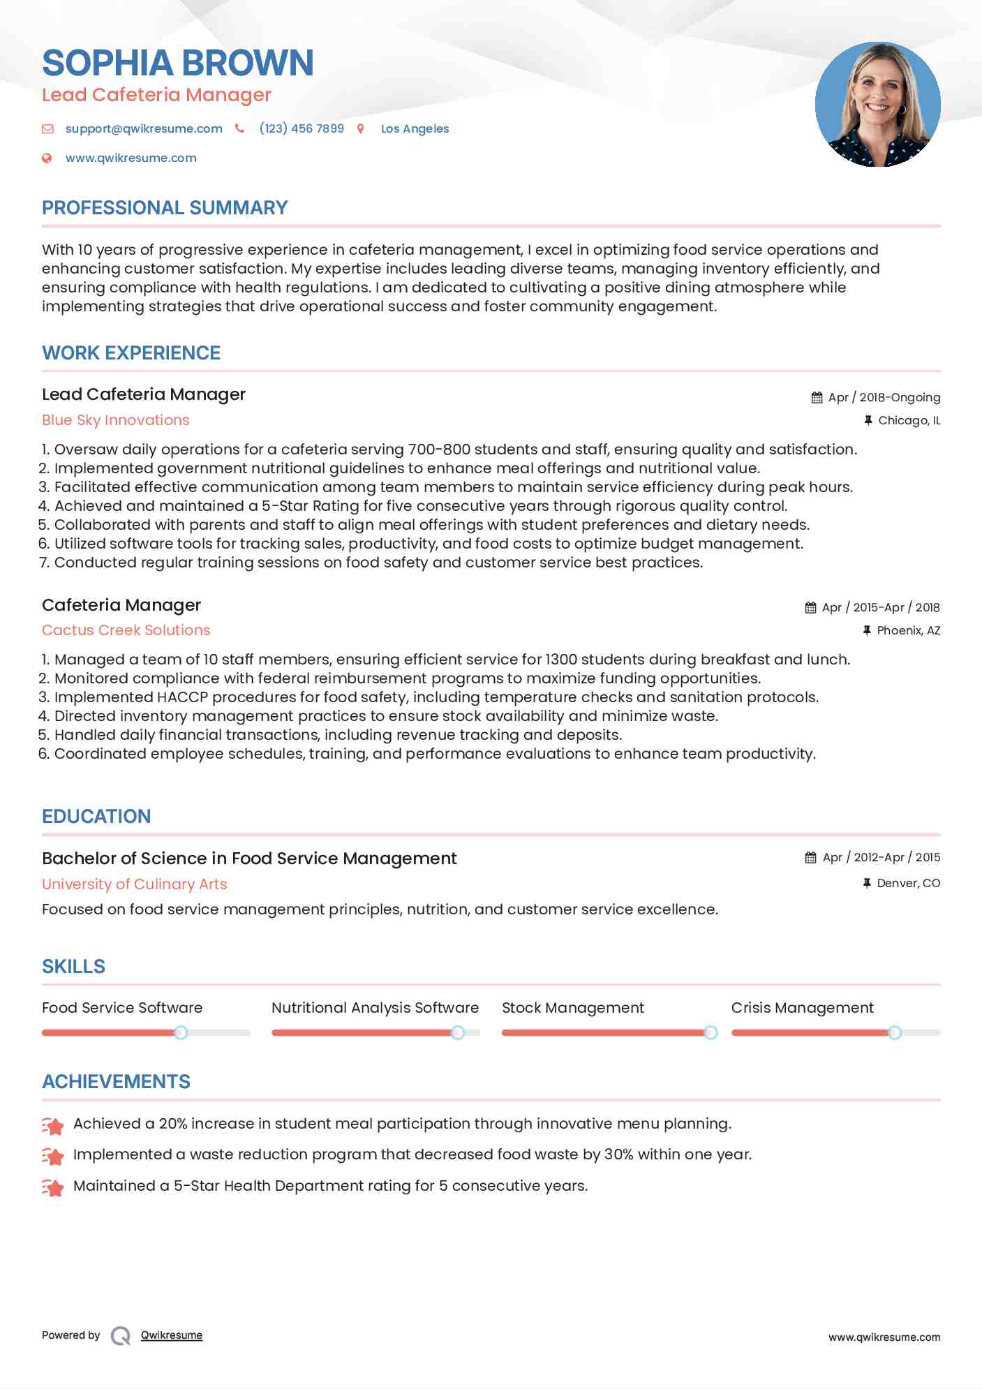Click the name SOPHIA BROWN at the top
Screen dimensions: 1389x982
pyautogui.click(x=177, y=63)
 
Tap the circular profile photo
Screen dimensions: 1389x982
pyautogui.click(x=877, y=105)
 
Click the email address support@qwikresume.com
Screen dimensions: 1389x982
pyautogui.click(x=144, y=128)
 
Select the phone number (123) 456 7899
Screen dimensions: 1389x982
pyautogui.click(x=302, y=128)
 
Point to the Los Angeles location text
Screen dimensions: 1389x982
pyautogui.click(x=415, y=128)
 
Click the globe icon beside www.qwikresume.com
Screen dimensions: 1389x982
pyautogui.click(x=47, y=158)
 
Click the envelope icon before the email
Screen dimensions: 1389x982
pyautogui.click(x=47, y=128)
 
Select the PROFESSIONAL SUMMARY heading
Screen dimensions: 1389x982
pyautogui.click(x=165, y=208)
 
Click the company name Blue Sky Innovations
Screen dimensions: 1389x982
pyautogui.click(x=116, y=420)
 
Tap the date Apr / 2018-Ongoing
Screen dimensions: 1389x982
pyautogui.click(x=884, y=397)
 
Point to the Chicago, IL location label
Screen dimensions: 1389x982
pyautogui.click(x=909, y=420)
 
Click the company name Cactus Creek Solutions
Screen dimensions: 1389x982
pyautogui.click(x=126, y=630)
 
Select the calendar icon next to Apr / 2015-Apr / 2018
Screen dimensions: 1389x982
pyautogui.click(x=810, y=608)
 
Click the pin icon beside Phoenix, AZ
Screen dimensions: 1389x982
pyautogui.click(x=866, y=630)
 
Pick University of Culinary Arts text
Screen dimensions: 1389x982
pyautogui.click(x=134, y=884)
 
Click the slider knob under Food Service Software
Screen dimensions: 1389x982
pyautogui.click(x=181, y=1032)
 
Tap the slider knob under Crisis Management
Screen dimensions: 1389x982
pyautogui.click(x=894, y=1032)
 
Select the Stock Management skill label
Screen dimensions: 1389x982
pyautogui.click(x=572, y=1008)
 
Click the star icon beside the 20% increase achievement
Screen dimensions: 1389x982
pyautogui.click(x=53, y=1125)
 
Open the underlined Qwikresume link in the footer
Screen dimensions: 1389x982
pyautogui.click(x=171, y=1335)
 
